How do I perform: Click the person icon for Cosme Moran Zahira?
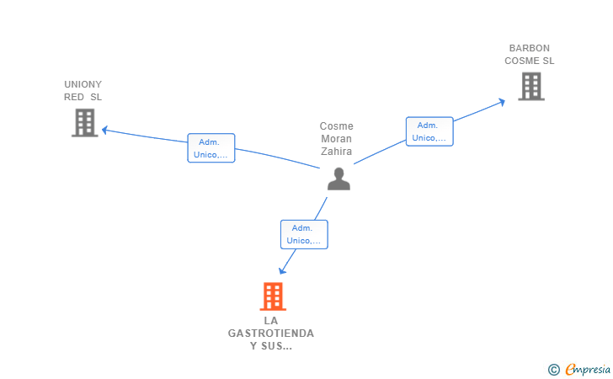[338, 179]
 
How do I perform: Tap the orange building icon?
[273, 296]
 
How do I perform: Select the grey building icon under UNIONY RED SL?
[84, 123]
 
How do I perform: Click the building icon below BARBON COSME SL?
[531, 87]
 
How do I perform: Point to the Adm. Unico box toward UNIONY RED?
[211, 148]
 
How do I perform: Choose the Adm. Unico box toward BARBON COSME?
[429, 131]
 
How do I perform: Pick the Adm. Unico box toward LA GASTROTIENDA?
[304, 234]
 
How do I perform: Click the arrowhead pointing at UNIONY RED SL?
[104, 130]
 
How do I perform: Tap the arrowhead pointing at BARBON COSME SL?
[502, 103]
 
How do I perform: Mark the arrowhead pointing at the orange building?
[282, 270]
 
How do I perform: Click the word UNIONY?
[83, 84]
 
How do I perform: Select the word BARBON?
[530, 48]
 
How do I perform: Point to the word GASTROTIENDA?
[271, 334]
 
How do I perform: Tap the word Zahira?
[336, 152]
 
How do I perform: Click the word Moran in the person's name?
[336, 139]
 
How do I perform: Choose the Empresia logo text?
[588, 369]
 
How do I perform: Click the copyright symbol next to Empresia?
[553, 370]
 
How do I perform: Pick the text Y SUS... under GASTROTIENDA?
[271, 346]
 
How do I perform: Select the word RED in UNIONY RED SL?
[74, 97]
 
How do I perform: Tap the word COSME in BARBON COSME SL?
[520, 61]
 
